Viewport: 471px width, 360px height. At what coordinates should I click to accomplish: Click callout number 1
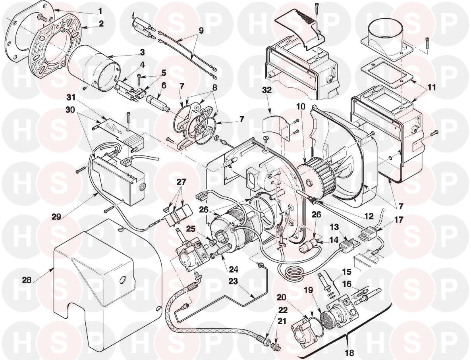(x=100, y=10)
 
